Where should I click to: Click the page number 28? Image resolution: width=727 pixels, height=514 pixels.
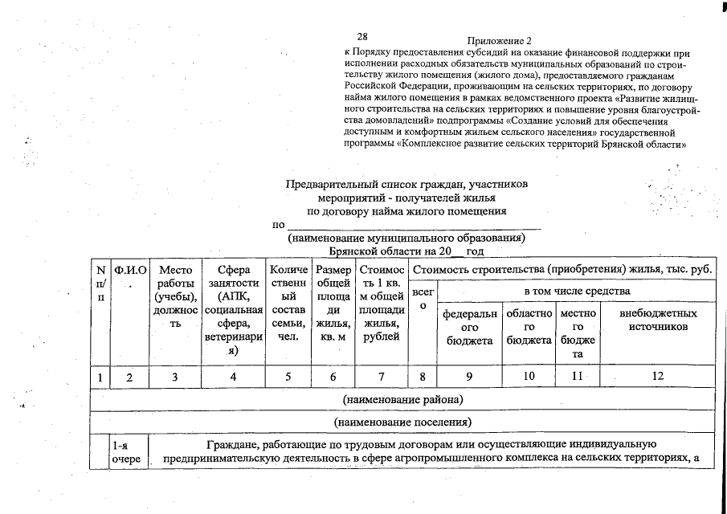pyautogui.click(x=362, y=37)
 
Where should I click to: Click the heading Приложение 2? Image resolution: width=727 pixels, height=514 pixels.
pyautogui.click(x=499, y=40)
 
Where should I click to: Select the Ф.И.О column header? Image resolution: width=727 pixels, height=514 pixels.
pyautogui.click(x=130, y=271)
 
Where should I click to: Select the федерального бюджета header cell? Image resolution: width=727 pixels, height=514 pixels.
pyautogui.click(x=469, y=327)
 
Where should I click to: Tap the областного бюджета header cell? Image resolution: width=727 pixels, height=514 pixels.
pyautogui.click(x=529, y=327)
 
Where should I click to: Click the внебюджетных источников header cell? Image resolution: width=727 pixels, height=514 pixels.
pyautogui.click(x=658, y=320)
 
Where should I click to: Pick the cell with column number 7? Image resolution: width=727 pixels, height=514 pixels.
pyautogui.click(x=382, y=376)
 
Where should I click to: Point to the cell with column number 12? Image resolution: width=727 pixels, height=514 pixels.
pyautogui.click(x=658, y=376)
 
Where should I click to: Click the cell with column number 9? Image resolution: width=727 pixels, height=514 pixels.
pyautogui.click(x=469, y=376)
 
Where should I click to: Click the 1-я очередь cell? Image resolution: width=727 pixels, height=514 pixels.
pyautogui.click(x=127, y=451)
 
